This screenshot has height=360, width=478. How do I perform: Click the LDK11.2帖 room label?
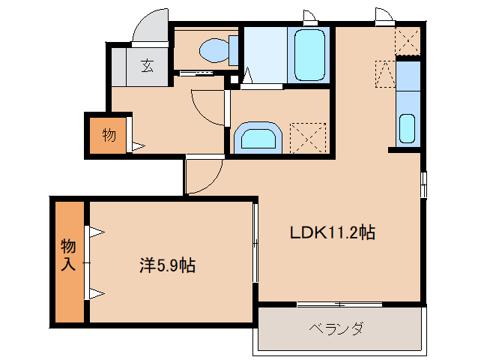[x=333, y=232]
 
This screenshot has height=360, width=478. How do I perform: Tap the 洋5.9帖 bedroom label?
[x=168, y=265]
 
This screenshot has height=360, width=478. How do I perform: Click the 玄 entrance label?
[x=147, y=66]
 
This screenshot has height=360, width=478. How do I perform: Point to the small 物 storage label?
[x=109, y=135]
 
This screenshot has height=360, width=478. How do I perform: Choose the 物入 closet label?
[x=68, y=255]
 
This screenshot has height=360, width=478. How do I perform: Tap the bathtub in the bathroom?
[x=309, y=54]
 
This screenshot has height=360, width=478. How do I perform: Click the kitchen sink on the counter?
[x=408, y=128]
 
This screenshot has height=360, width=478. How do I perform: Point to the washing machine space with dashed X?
[x=309, y=136]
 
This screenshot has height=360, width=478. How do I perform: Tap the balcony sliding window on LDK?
[x=340, y=304]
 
